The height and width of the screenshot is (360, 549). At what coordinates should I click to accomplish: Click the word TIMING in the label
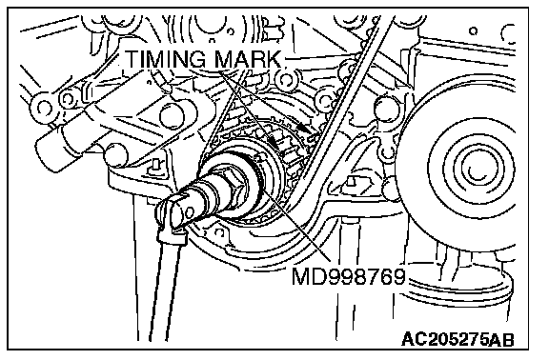point(165,59)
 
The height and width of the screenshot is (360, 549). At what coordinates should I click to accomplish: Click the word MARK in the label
point(248,59)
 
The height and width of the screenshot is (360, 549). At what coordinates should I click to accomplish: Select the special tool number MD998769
point(349,276)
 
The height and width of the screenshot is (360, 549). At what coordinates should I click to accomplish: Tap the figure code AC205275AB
point(457,339)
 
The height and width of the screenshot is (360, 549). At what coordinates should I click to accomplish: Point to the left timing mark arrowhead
point(273,142)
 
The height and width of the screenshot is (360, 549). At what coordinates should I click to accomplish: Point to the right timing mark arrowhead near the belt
point(305,128)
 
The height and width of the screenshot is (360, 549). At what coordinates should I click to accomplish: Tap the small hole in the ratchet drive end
point(190,212)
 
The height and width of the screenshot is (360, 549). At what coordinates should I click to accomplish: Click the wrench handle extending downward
point(165,287)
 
